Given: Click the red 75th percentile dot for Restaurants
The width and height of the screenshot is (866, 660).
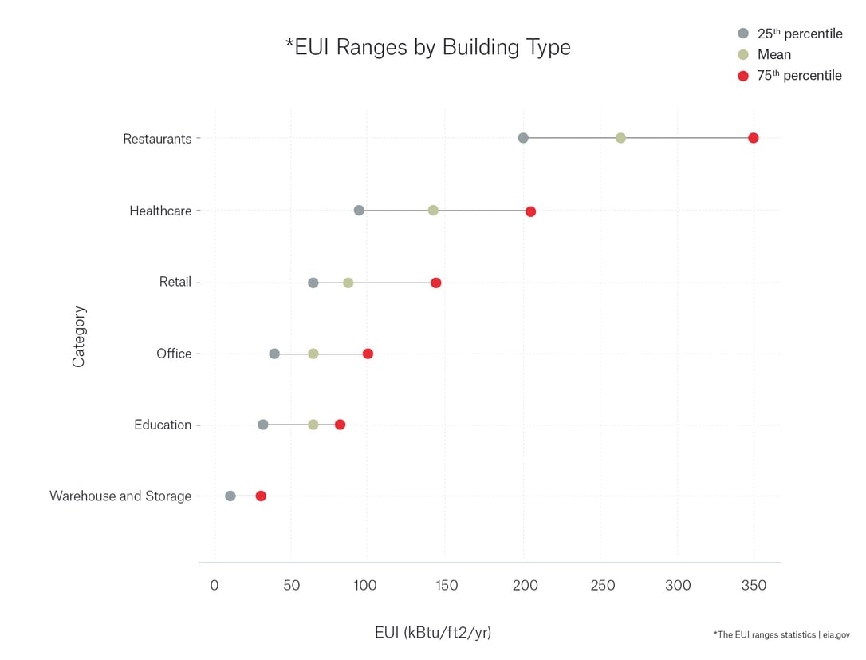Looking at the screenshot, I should click(x=753, y=138).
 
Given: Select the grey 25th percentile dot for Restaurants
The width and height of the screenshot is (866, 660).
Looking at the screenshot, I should click(x=523, y=138).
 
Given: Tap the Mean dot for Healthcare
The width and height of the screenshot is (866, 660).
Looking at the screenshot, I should click(x=433, y=211).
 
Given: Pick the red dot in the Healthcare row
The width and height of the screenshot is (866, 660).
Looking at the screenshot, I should click(x=530, y=211).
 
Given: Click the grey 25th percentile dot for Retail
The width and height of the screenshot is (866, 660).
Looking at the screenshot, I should click(x=313, y=283).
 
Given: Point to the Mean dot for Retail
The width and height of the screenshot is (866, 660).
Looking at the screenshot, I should click(x=348, y=283).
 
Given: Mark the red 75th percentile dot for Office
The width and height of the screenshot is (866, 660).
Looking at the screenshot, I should click(x=368, y=354).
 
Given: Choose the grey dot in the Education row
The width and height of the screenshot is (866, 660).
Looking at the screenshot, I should click(x=263, y=425).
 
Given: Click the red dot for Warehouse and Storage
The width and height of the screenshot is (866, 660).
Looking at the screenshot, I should click(x=261, y=496).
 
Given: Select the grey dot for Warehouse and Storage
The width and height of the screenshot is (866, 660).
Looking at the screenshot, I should click(x=230, y=496).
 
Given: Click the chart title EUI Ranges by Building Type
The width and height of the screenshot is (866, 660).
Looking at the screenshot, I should click(x=428, y=47).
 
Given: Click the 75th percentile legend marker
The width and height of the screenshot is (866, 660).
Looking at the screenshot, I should click(x=743, y=76).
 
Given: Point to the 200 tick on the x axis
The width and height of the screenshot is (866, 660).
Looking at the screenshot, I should click(x=524, y=586).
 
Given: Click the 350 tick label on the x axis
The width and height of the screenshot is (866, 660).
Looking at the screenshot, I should click(x=754, y=586).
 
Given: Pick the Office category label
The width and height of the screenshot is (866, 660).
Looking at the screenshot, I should click(x=174, y=354).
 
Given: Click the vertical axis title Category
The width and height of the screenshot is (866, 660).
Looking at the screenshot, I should click(x=78, y=337).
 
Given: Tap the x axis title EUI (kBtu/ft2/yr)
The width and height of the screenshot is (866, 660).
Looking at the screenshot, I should click(x=433, y=633).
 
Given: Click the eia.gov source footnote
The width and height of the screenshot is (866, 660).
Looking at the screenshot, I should click(x=781, y=634).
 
